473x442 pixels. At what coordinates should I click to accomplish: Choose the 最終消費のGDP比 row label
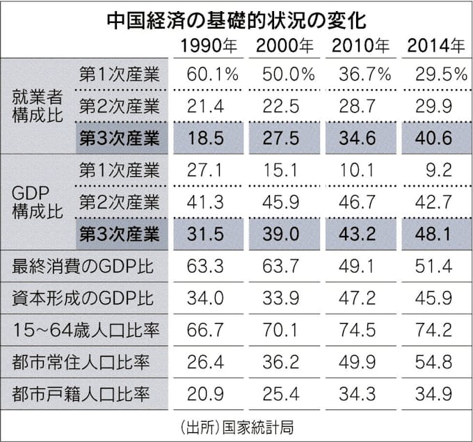click(86, 265)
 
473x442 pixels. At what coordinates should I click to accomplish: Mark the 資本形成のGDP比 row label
click(86, 297)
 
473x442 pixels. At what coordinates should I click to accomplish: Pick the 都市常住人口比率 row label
click(86, 362)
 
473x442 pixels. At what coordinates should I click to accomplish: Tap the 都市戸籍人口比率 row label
click(86, 394)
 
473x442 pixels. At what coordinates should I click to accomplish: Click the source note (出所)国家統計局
click(236, 426)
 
